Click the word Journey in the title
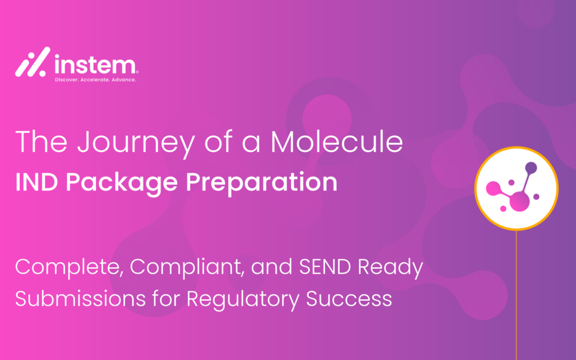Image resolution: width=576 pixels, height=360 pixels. pos(136,142)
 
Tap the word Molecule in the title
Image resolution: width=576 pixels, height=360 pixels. pos(337,141)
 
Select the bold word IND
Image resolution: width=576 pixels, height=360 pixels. pos(36,181)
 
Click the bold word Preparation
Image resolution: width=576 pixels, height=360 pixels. pos(261,183)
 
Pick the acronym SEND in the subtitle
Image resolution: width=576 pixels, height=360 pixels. pos(325,267)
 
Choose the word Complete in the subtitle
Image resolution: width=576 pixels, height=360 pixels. pos(69,268)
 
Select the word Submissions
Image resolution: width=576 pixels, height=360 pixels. pos(81,299)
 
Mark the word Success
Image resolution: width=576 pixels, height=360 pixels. pos(349,299)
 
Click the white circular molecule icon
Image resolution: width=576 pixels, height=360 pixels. pos(516,188)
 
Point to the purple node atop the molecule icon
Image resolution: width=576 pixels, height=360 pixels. pos(531,168)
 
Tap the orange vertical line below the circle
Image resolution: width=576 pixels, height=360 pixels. pos(516,295)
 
